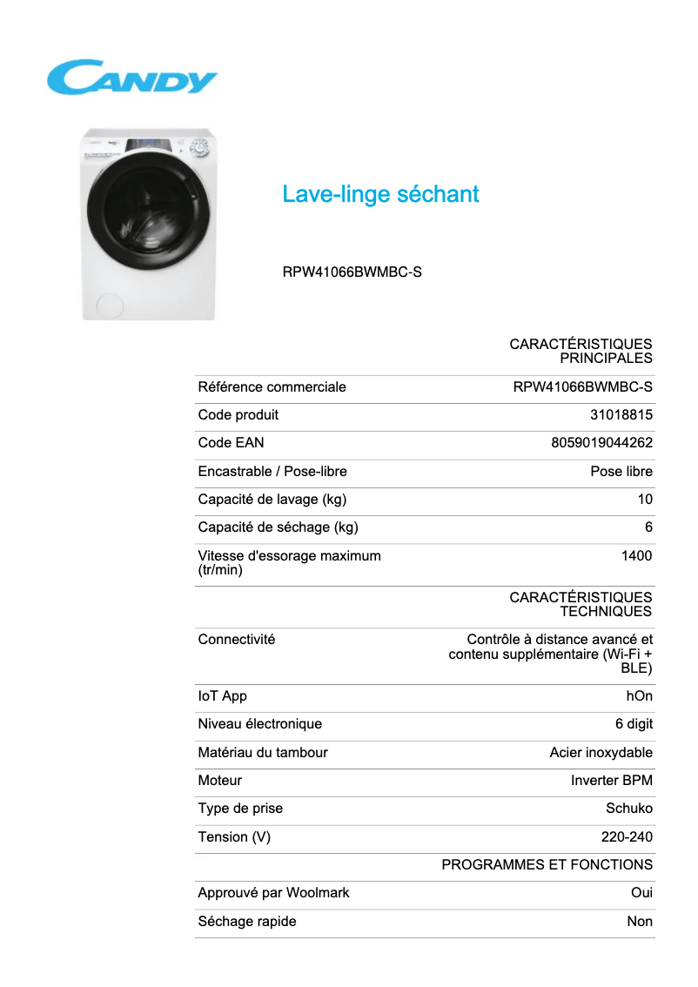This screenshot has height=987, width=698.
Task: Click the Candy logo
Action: click(x=131, y=77)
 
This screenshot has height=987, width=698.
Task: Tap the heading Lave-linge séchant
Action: click(x=380, y=194)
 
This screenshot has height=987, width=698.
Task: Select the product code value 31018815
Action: click(x=621, y=415)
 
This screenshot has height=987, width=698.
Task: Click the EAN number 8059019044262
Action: click(x=601, y=443)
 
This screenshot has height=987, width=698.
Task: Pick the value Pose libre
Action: click(x=621, y=472)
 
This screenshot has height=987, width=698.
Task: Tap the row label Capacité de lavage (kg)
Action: click(x=272, y=500)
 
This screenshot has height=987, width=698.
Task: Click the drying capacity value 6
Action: click(x=648, y=527)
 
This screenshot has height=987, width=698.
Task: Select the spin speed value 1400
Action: click(x=636, y=555)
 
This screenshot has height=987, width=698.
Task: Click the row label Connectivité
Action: click(x=236, y=640)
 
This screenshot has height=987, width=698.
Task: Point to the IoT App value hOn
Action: click(x=639, y=696)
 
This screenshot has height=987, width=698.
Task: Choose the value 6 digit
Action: click(x=634, y=724)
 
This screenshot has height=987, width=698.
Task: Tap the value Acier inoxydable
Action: click(x=601, y=753)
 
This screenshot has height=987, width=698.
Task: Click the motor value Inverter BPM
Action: click(x=611, y=781)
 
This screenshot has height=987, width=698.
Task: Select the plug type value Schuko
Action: click(x=628, y=809)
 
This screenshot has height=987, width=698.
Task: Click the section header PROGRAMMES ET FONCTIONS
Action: click(x=547, y=865)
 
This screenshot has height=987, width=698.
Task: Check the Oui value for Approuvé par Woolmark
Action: click(x=641, y=893)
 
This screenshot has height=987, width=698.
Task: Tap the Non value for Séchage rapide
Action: click(x=640, y=922)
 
